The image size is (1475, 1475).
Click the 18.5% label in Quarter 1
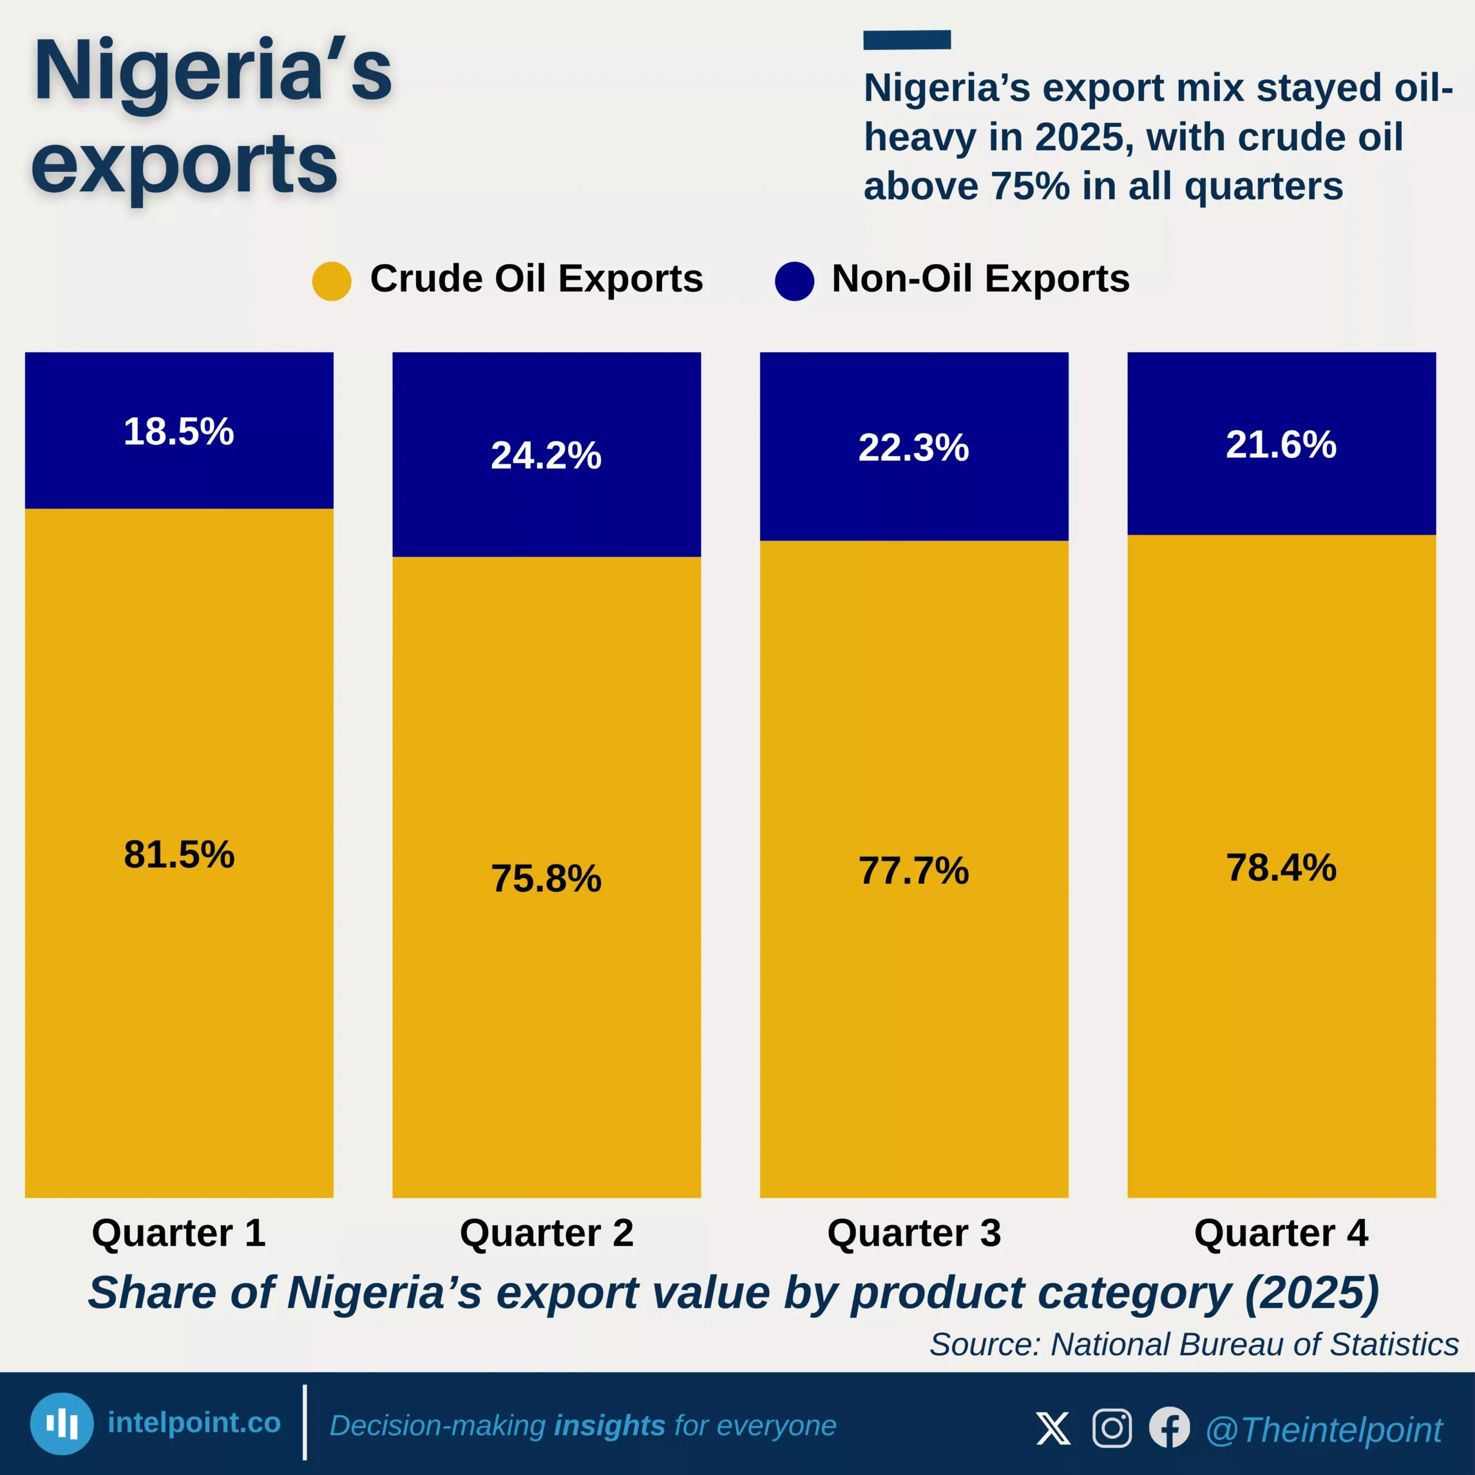pos(179,432)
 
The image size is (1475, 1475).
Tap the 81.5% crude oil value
pos(179,854)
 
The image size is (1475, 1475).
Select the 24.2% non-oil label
pos(546,455)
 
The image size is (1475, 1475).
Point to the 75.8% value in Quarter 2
pos(546,878)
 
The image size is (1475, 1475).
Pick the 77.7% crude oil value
pos(913,871)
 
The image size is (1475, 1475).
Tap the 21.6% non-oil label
pos(1281,444)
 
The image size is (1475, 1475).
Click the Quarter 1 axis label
pos(179,1233)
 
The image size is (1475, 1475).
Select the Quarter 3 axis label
pos(913,1233)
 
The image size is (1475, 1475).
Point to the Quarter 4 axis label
pos(1281,1233)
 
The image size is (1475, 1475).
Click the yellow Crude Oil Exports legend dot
pos(331,281)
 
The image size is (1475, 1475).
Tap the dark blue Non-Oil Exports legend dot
pos(794,281)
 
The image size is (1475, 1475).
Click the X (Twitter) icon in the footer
pos(1054,1428)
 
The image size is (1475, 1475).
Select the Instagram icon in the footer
pos(1111,1428)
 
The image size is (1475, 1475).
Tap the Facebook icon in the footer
pos(1169,1428)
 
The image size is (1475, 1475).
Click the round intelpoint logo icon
pos(62,1424)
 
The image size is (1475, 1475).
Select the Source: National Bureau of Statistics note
pos(1193,1344)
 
